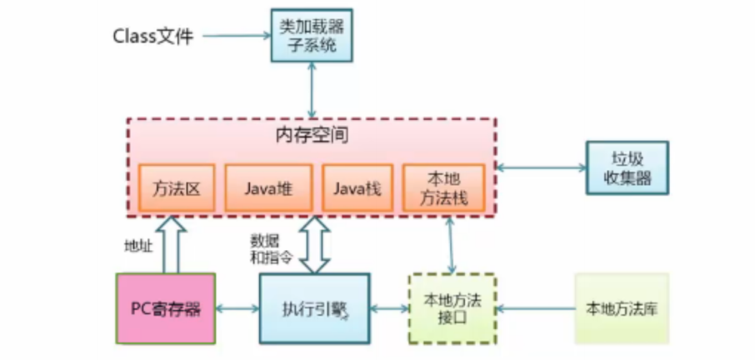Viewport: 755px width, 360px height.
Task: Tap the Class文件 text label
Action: click(x=152, y=37)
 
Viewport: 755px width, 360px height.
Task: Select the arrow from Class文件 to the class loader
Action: click(x=237, y=36)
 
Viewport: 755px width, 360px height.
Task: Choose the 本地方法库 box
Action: click(x=622, y=308)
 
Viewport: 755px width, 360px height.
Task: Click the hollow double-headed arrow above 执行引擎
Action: click(x=314, y=243)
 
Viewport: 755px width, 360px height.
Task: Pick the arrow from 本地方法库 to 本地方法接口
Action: click(x=535, y=309)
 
